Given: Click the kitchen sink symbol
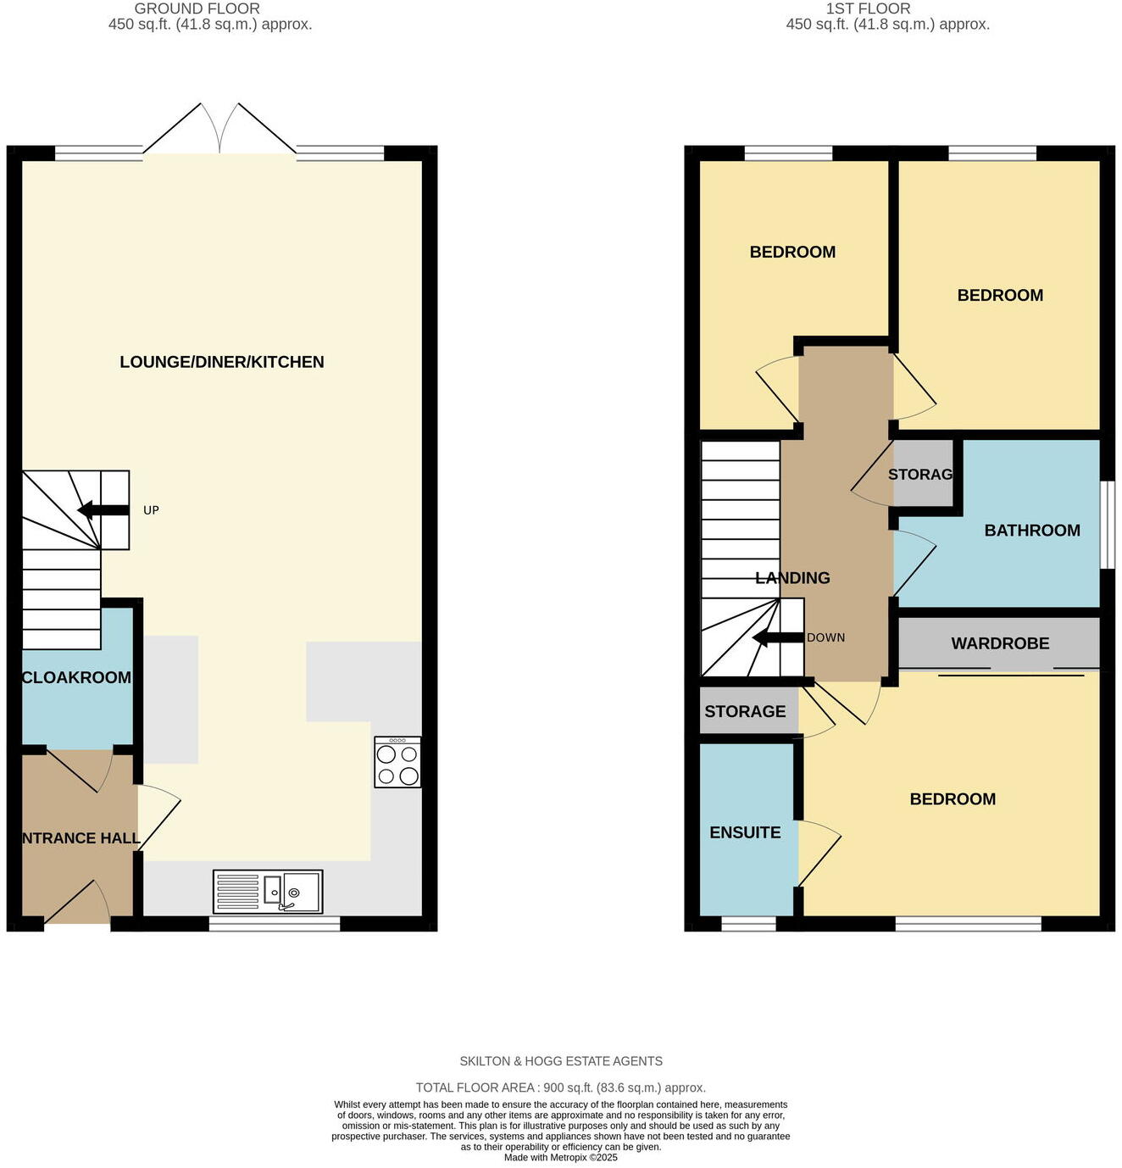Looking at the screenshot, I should [268, 892].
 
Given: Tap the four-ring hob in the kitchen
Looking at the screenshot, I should [397, 763].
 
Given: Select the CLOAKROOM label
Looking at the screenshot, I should [76, 677].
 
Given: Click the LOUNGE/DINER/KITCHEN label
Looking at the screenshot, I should [222, 362].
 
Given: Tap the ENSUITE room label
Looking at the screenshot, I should [745, 832].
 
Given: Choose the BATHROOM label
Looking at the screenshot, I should [1031, 531].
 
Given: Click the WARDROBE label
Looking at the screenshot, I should [1000, 643].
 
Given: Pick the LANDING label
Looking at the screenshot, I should [792, 578].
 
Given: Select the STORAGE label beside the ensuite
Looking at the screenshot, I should [745, 711].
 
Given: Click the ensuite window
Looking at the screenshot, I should [748, 924].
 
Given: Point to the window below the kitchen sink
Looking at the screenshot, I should [275, 924].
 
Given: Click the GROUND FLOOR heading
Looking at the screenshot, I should [197, 8].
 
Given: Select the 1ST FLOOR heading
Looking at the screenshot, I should [868, 8].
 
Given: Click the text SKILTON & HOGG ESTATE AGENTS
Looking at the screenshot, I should [561, 1061].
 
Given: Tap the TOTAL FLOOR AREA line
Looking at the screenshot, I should [561, 1087].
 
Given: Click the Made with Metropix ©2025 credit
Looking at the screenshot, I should [561, 1158].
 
